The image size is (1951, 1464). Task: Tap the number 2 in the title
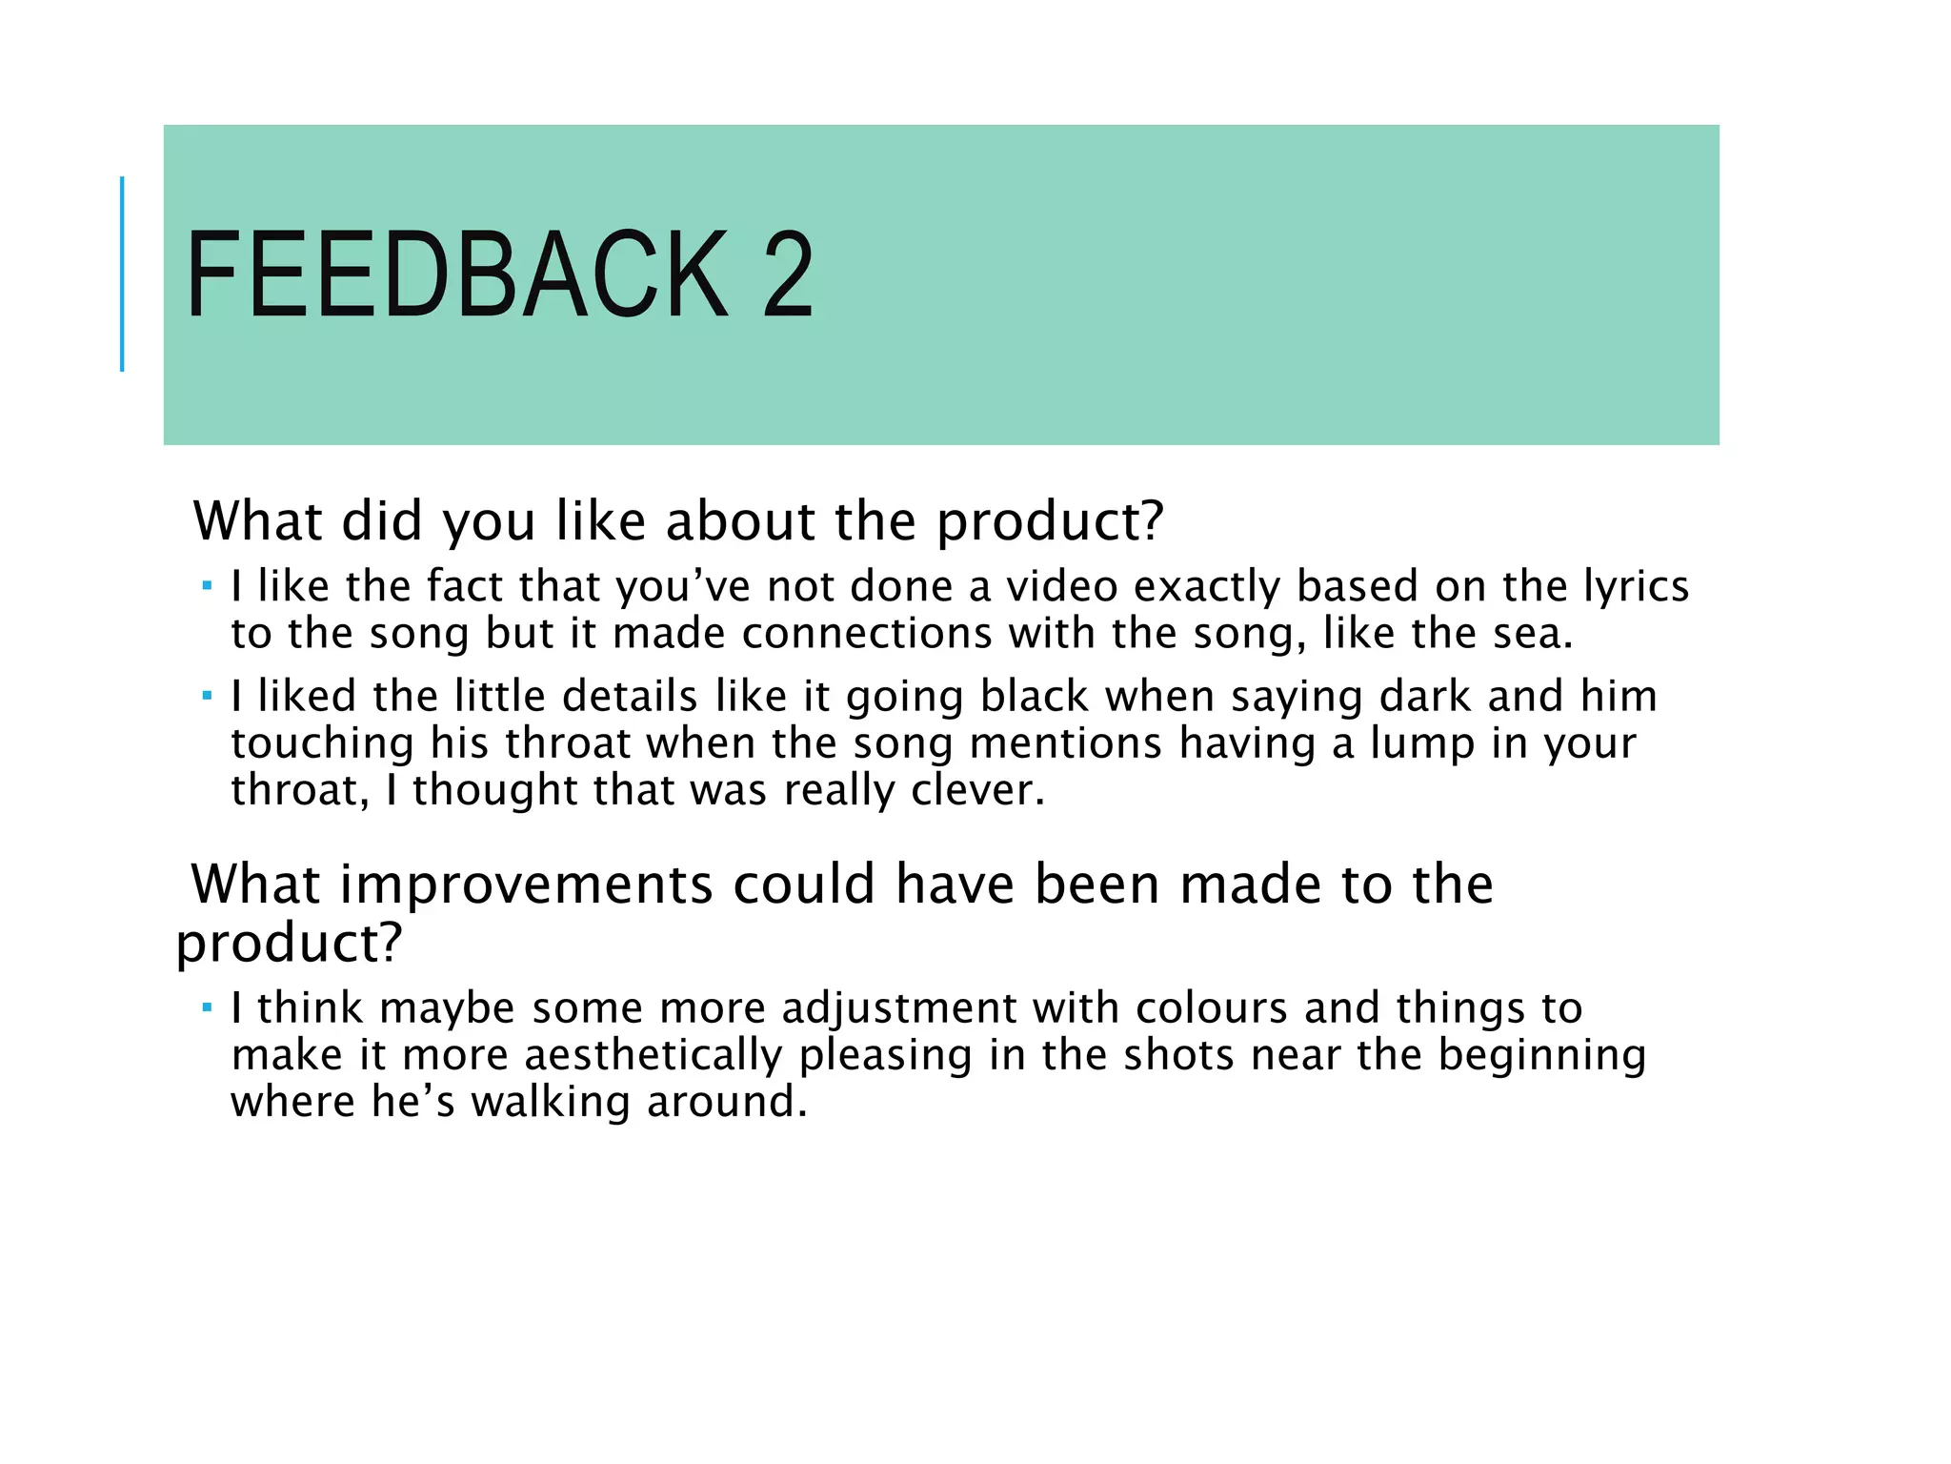coord(788,276)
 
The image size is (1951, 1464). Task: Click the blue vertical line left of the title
coord(122,274)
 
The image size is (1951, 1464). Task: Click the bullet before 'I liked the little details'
coord(207,695)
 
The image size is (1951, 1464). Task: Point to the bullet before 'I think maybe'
coord(207,1006)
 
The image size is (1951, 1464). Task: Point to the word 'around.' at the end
coord(727,1103)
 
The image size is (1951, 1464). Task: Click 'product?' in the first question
coord(1050,522)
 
